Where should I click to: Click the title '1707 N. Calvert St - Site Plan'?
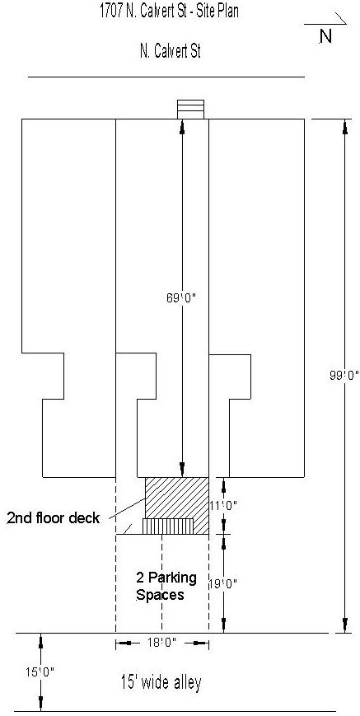point(169,11)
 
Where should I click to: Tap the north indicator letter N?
point(325,36)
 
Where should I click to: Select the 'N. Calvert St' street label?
point(171,51)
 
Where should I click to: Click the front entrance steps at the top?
point(191,109)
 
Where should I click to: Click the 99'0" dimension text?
point(344,374)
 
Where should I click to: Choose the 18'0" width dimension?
point(162,643)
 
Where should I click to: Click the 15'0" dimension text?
point(40,672)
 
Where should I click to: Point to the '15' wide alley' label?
point(161,683)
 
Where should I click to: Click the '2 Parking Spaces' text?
point(166,586)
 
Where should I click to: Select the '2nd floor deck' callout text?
point(53,518)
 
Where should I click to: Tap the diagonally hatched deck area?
point(177,498)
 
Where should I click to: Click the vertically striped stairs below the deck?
point(168,526)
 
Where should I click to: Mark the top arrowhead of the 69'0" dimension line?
point(182,125)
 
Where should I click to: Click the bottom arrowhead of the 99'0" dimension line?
point(344,626)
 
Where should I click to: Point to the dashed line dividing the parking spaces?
point(161,583)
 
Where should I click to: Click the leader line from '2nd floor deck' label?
point(124,508)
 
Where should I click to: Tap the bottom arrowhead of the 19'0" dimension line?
point(223,626)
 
